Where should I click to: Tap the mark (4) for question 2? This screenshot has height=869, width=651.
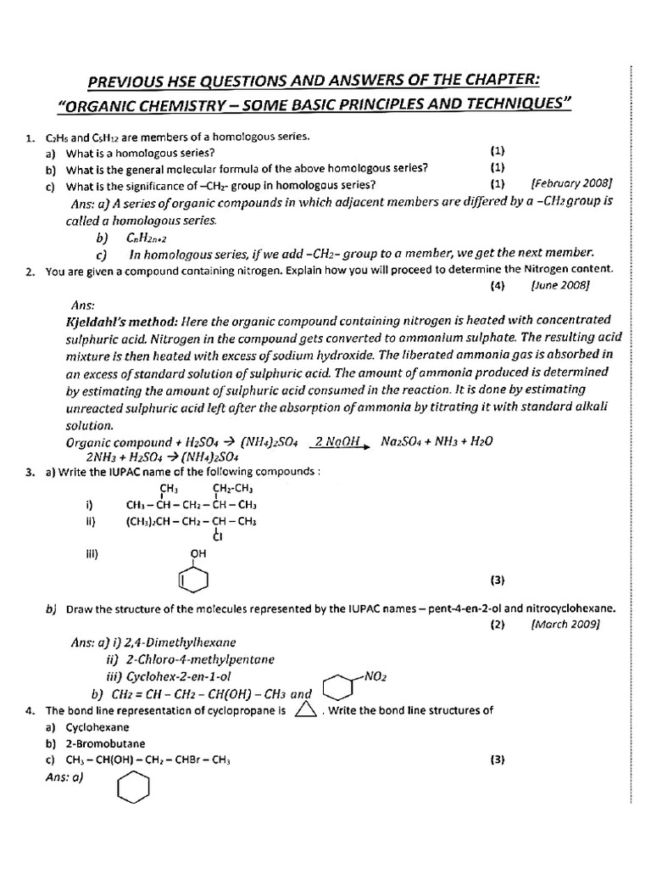[498, 286]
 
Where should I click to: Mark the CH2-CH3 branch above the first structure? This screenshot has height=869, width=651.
[233, 489]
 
